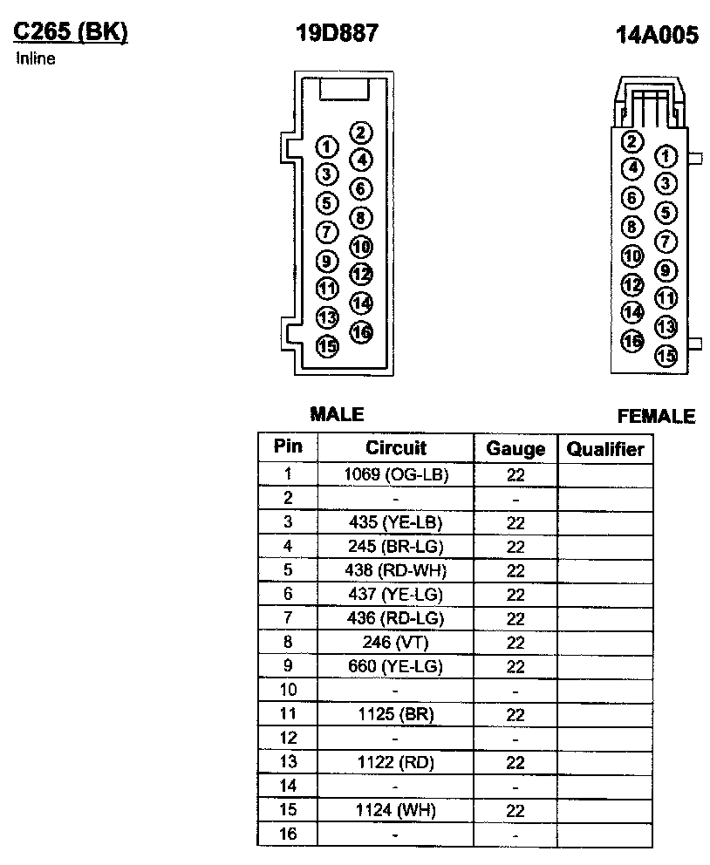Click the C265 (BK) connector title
pyautogui.click(x=71, y=32)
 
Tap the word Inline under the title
pyautogui.click(x=36, y=59)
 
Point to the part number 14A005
pyautogui.click(x=657, y=36)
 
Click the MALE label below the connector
pyautogui.click(x=337, y=414)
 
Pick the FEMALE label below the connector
pyautogui.click(x=656, y=417)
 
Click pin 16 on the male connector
pyautogui.click(x=360, y=331)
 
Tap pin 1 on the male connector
pyautogui.click(x=327, y=146)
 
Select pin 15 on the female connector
pyautogui.click(x=666, y=355)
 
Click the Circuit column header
pyautogui.click(x=395, y=448)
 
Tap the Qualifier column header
pyautogui.click(x=605, y=450)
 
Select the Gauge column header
pyautogui.click(x=515, y=450)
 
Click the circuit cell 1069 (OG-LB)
pyautogui.click(x=395, y=474)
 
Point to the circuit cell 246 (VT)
pyautogui.click(x=395, y=643)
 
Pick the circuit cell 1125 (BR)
pyautogui.click(x=395, y=714)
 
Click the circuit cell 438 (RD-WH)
pyautogui.click(x=395, y=570)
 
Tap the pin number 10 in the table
pyautogui.click(x=288, y=690)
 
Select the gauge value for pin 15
pyautogui.click(x=515, y=811)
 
